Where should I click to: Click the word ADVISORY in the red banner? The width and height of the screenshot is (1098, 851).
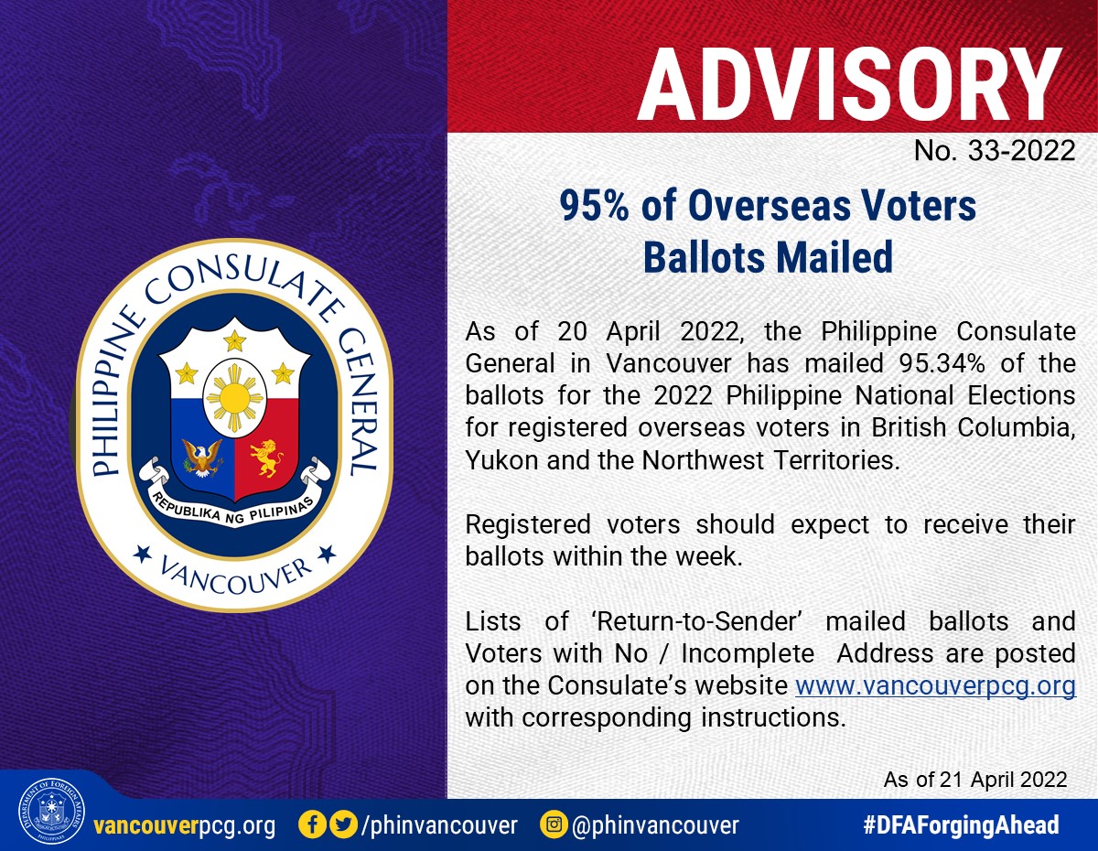[x=849, y=84]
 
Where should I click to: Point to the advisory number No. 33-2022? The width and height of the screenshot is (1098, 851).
[x=995, y=151]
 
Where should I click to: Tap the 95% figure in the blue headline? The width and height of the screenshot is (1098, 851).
[x=594, y=206]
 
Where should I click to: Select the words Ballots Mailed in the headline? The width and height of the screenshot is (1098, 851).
[x=768, y=257]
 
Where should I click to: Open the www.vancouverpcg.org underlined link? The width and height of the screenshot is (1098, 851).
[x=935, y=685]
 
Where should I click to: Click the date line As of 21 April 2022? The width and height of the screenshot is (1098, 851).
[x=975, y=780]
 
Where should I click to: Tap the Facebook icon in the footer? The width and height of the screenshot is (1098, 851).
[x=312, y=824]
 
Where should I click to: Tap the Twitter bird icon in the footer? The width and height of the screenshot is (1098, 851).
[x=344, y=824]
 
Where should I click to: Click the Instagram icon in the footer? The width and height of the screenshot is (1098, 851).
[x=554, y=824]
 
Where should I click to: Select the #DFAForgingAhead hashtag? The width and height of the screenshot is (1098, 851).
[x=961, y=824]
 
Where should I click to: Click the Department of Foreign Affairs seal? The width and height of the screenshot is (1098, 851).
[x=51, y=812]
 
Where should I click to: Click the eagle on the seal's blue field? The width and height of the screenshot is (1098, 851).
[x=202, y=457]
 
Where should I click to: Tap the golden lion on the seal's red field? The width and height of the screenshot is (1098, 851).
[x=265, y=458]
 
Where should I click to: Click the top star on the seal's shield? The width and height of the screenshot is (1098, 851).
[x=235, y=340]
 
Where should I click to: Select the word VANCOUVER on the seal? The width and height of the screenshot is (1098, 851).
[x=235, y=577]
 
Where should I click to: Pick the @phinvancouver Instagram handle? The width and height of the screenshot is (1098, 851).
[x=655, y=825]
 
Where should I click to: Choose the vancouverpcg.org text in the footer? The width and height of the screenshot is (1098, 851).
[x=185, y=825]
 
